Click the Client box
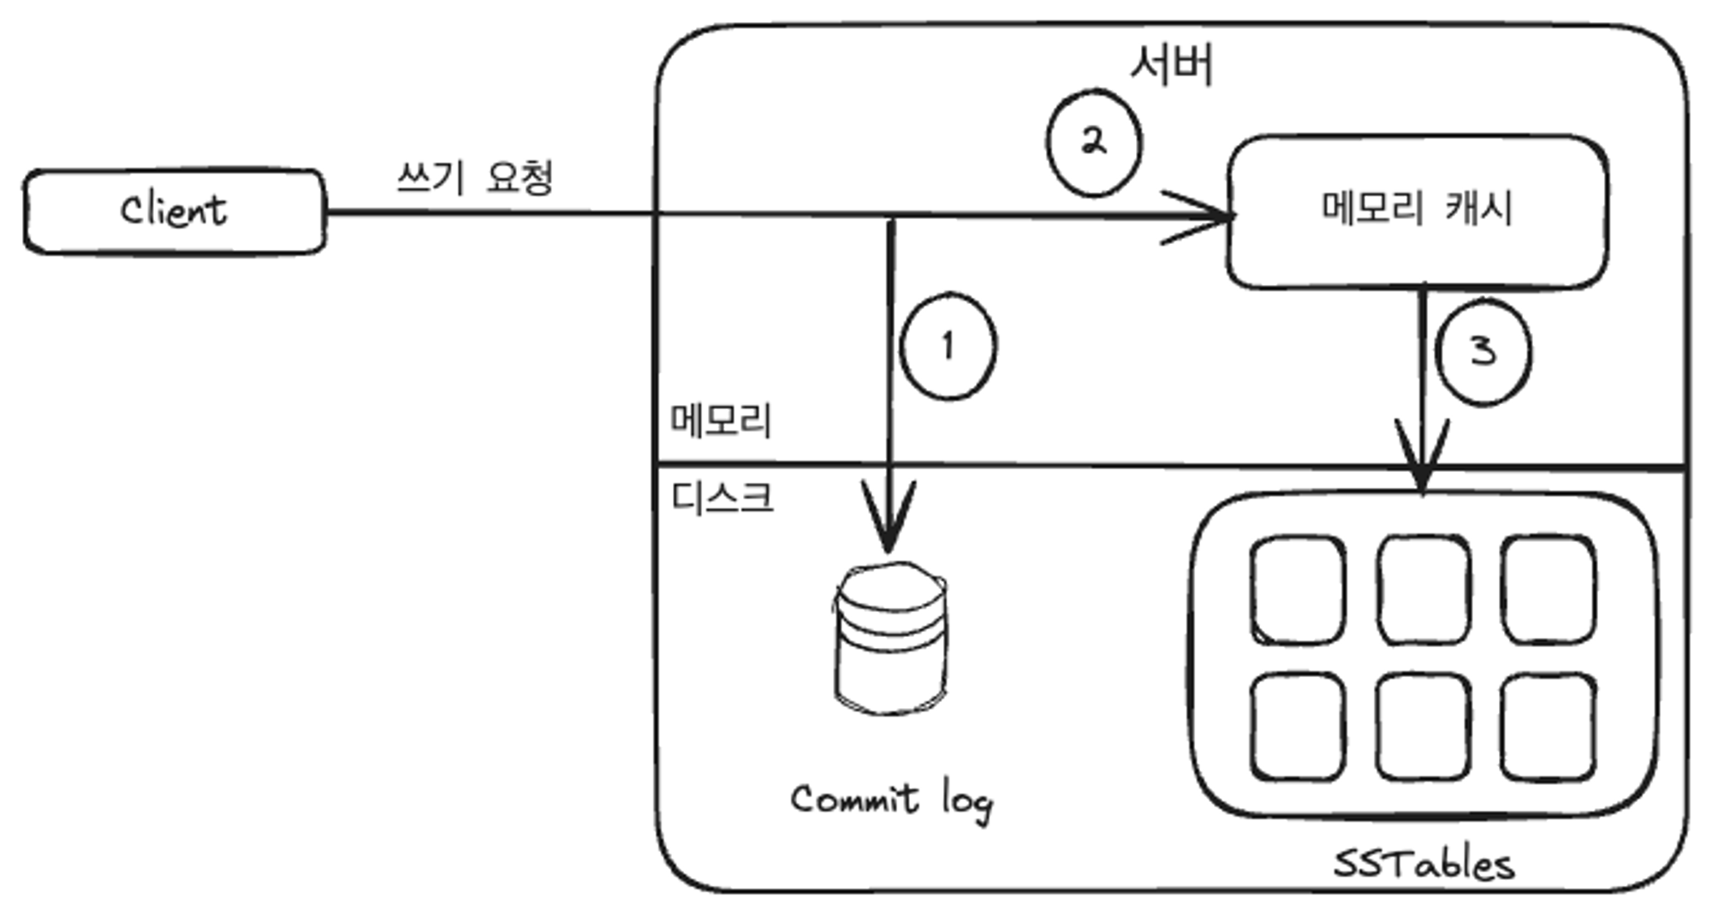pos(175,211)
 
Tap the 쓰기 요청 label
pos(475,177)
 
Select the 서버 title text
pos(1172,64)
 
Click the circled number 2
pos(1093,143)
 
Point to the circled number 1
pos(948,346)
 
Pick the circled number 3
pos(1483,352)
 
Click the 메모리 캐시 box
pos(1417,211)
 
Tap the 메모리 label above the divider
pos(721,420)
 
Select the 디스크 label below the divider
pos(722,497)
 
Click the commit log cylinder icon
pos(891,638)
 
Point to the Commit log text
pos(891,800)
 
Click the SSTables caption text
pos(1424,865)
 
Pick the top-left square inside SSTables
pos(1298,590)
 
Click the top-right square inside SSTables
pos(1549,590)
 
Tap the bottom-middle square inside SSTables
pos(1424,727)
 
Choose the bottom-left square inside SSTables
pos(1298,727)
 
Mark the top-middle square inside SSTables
pos(1424,590)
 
